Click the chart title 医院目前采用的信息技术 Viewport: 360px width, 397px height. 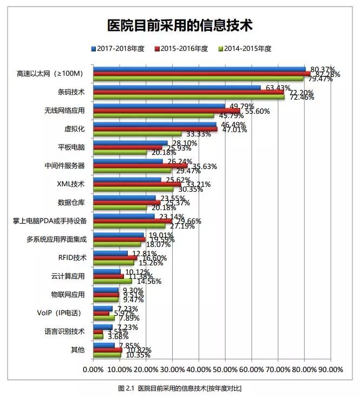coord(180,25)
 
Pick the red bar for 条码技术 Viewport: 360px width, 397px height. coord(188,93)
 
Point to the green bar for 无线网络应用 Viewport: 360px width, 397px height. coord(154,116)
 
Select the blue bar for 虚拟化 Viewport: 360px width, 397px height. coord(155,125)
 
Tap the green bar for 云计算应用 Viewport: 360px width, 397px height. coord(113,282)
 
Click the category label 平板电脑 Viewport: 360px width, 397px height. coord(71,147)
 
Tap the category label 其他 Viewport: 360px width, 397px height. coord(78,350)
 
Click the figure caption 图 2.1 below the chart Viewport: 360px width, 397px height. coord(179,388)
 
